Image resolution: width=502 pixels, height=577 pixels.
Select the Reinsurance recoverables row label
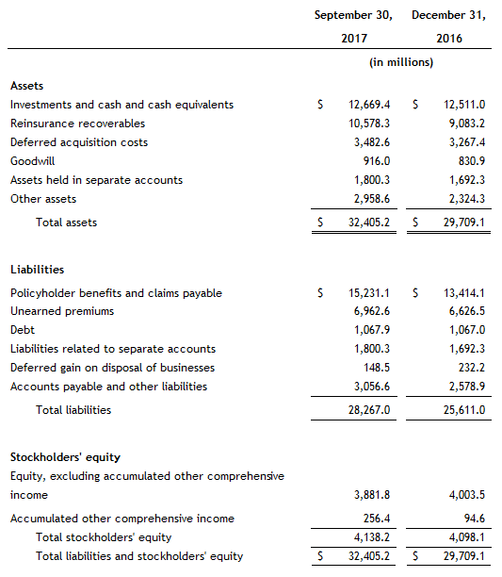click(x=77, y=124)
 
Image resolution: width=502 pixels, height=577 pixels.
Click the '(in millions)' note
click(x=400, y=63)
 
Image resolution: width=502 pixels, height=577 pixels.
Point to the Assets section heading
click(x=26, y=86)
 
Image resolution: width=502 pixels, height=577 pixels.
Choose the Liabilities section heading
click(x=37, y=270)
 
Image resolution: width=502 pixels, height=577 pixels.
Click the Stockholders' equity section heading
click(x=65, y=457)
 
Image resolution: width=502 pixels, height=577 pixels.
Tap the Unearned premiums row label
click(x=62, y=311)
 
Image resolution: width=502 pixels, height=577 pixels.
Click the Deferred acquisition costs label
click(x=79, y=142)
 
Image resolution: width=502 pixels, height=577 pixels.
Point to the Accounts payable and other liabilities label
click(x=108, y=387)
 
